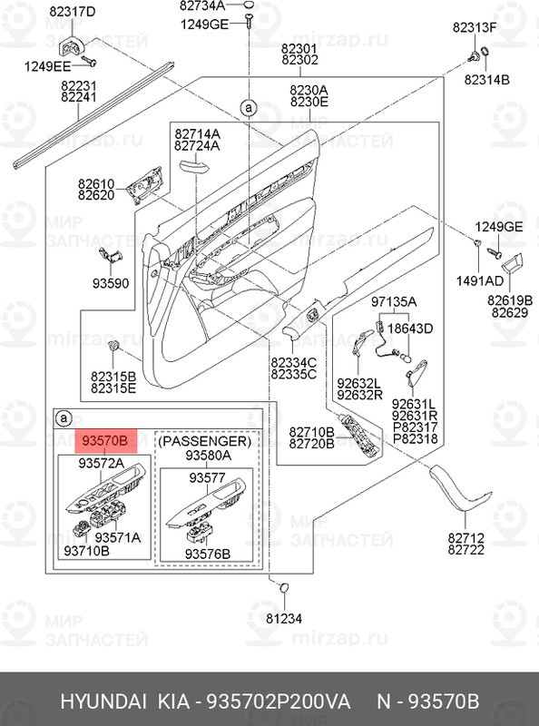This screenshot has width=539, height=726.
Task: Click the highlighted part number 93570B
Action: [105, 441]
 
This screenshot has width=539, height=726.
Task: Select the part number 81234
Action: [283, 619]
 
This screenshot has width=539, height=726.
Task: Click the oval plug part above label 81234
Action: [283, 588]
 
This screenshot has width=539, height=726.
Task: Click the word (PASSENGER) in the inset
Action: [207, 440]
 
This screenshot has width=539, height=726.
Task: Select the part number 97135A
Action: [393, 301]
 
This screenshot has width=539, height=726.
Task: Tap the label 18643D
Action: [411, 328]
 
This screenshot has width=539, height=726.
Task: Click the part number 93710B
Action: [87, 551]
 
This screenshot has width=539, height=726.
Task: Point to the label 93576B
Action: [207, 553]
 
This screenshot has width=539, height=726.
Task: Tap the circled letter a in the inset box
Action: [63, 418]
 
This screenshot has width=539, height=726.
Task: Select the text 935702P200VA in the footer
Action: [279, 701]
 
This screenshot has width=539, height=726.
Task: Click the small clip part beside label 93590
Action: [115, 254]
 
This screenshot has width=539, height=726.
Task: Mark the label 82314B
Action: [486, 80]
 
